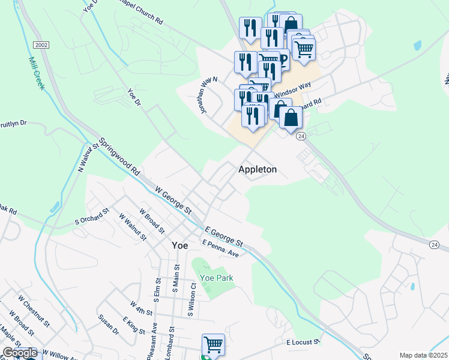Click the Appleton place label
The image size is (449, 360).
coord(258,169)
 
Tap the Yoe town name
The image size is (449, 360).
coord(179,245)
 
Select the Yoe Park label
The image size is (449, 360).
coord(217,278)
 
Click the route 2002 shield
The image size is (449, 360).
coord(41,45)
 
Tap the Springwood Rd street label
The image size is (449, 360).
coord(119,155)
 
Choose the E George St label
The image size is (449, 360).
coord(224,236)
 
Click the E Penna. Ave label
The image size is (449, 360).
coord(220,248)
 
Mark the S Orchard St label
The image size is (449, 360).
coord(91,216)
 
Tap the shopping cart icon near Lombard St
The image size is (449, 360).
coord(213,344)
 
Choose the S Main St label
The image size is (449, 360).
coord(176,279)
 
